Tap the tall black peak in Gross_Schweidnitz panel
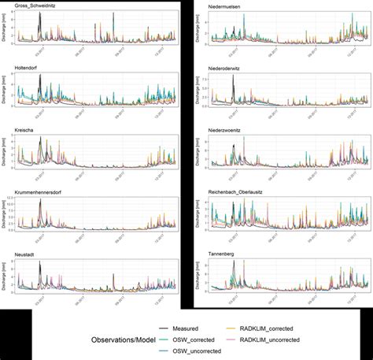[x=40, y=15]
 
